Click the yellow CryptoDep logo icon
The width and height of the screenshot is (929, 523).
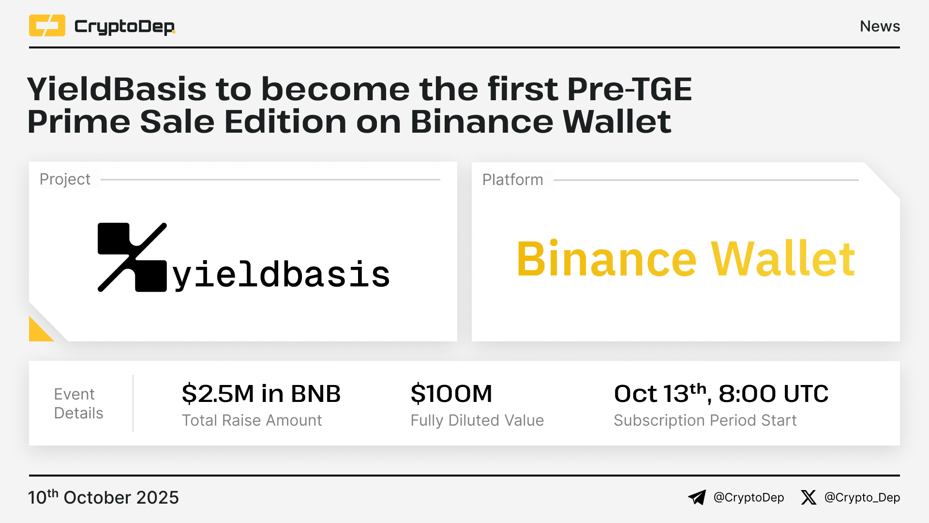[x=47, y=26]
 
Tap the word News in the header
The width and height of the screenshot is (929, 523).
[x=880, y=26]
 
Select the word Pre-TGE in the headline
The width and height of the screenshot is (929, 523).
[x=629, y=89]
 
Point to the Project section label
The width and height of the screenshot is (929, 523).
[x=65, y=179]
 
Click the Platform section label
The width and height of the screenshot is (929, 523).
[x=512, y=180]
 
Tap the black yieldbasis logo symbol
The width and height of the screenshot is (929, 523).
[x=132, y=257]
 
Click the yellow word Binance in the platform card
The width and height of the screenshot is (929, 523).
[x=607, y=259]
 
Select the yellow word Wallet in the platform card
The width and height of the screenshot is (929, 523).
[x=783, y=259]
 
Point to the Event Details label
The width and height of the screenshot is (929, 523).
[x=78, y=403]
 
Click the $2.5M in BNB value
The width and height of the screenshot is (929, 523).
[x=261, y=393]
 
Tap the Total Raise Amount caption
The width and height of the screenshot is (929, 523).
[x=252, y=420]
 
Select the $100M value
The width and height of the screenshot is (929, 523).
[x=451, y=393]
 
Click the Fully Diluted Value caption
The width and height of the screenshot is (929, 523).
[x=477, y=420]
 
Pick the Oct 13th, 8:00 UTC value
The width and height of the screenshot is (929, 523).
[x=721, y=393]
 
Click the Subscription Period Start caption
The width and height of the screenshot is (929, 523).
[x=705, y=420]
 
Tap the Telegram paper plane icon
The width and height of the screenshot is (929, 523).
[x=697, y=497]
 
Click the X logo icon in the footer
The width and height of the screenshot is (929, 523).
[x=809, y=497]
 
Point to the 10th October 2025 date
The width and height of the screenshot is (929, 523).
[x=104, y=497]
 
